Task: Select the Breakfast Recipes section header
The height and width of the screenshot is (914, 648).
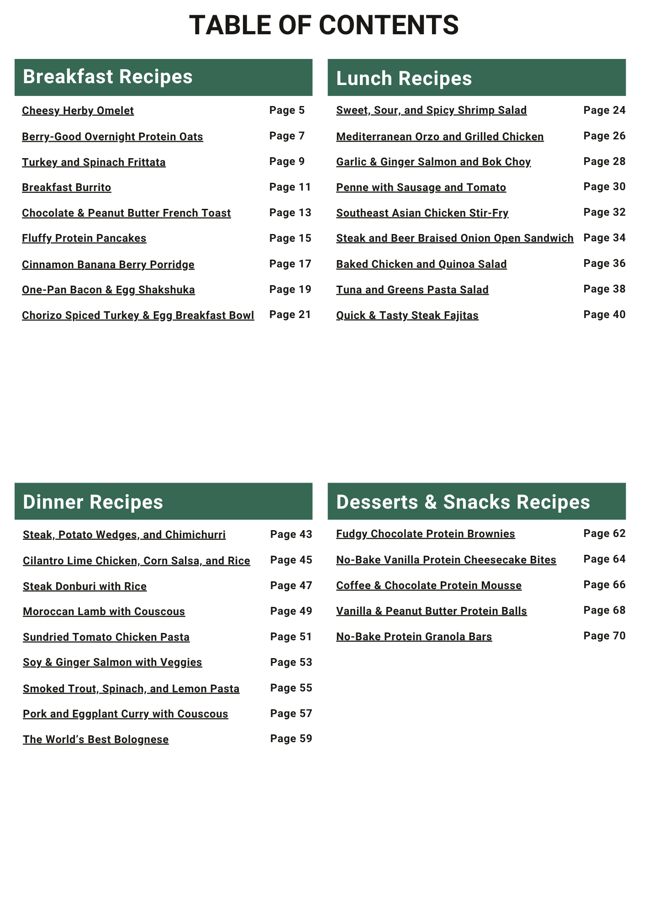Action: click(108, 77)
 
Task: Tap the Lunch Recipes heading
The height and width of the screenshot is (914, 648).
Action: click(404, 78)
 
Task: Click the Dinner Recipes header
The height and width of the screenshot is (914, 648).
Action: click(93, 502)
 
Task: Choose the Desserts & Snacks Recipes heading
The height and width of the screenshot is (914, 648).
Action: click(463, 502)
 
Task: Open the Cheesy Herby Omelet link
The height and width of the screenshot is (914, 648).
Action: click(78, 111)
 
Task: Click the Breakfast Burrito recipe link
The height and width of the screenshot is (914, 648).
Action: click(67, 187)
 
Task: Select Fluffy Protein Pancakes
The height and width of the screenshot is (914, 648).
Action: click(84, 238)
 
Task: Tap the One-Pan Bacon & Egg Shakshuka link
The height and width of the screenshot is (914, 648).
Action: click(108, 290)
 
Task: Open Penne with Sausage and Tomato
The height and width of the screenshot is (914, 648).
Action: click(421, 187)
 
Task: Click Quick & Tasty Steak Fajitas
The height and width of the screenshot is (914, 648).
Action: click(407, 315)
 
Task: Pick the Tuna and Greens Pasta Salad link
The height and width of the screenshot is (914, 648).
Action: click(412, 290)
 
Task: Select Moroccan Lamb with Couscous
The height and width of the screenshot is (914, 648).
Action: click(104, 611)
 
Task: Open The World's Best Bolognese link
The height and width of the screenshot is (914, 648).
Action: click(96, 739)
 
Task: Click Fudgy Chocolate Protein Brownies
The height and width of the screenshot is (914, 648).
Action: click(426, 534)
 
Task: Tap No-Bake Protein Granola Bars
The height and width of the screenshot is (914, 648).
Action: click(414, 637)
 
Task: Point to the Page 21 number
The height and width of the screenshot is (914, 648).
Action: click(290, 314)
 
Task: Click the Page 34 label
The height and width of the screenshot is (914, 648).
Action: click(605, 238)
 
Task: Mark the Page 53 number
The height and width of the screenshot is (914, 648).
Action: click(291, 662)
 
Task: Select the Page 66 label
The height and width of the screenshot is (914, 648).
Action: click(605, 585)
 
